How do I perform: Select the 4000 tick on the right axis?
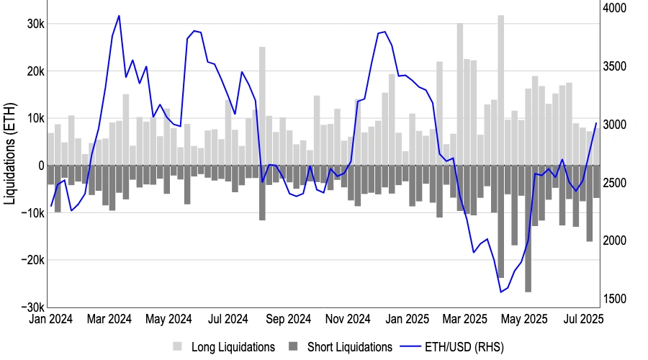coord(615,8)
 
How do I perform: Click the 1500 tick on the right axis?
coord(615,299)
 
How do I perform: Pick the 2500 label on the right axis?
coord(615,183)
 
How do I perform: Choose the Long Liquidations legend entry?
coord(225,347)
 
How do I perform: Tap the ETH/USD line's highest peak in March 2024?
coord(119,16)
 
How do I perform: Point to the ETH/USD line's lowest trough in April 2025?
coord(500,292)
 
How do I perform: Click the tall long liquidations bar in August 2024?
coord(262,106)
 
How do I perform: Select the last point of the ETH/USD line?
coord(596,123)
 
